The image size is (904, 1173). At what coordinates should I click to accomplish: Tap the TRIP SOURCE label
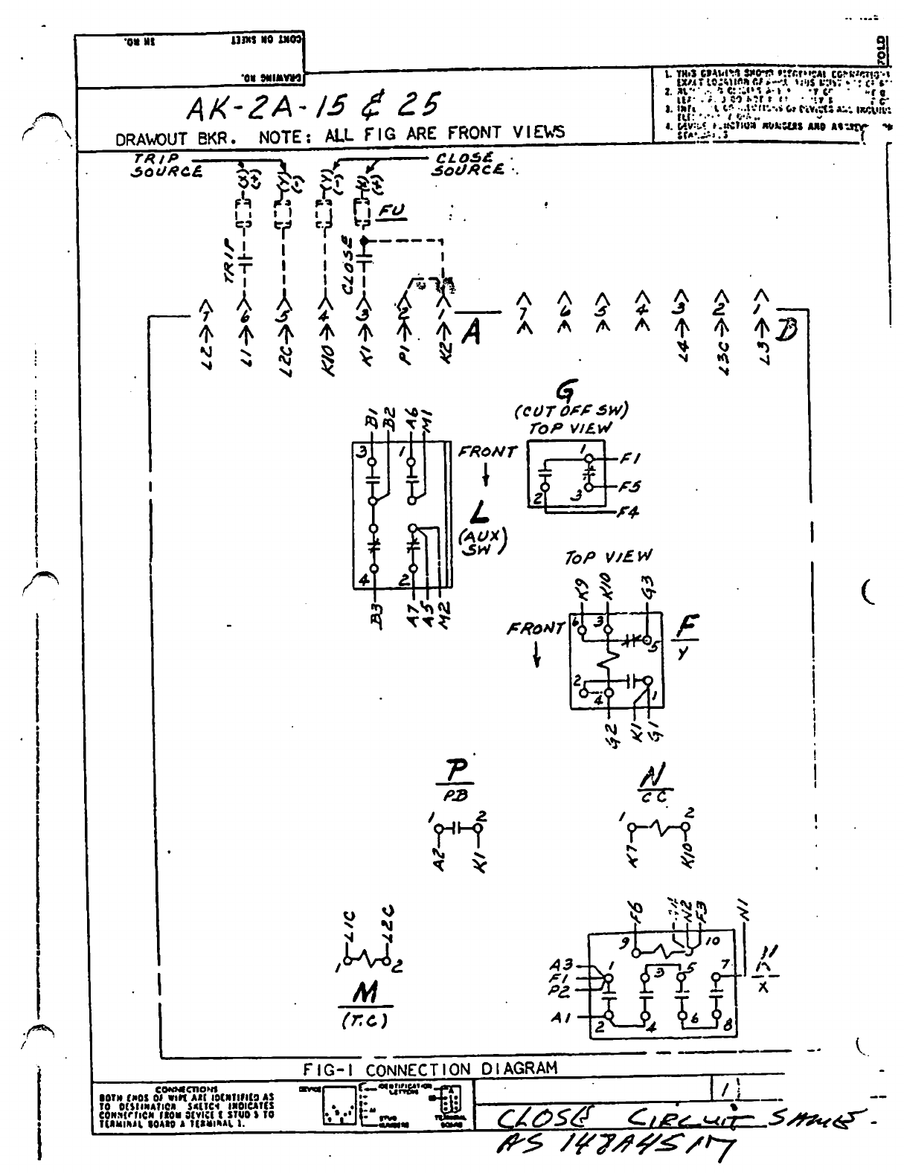click(167, 166)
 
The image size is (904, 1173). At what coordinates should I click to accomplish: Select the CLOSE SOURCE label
click(469, 163)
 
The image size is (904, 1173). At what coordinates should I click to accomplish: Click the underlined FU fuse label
click(391, 212)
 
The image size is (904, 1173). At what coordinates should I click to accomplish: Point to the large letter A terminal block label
click(470, 335)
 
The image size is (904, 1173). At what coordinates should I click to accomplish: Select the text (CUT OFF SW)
click(571, 410)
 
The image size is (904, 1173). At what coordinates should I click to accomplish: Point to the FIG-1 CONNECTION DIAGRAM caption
click(429, 1069)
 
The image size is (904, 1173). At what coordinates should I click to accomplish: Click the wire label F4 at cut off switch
click(629, 512)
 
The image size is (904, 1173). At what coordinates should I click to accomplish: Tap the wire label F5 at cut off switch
click(630, 487)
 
